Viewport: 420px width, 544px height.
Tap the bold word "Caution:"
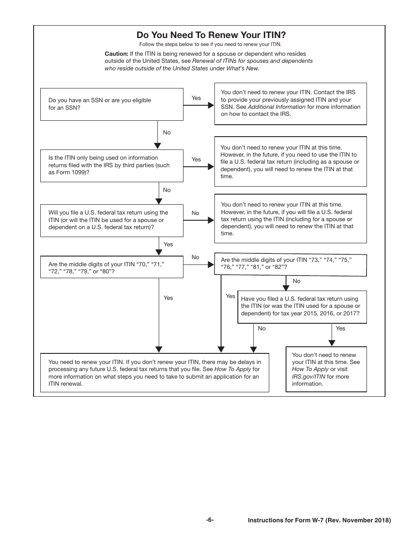(116, 54)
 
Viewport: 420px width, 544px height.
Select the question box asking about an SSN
(111, 104)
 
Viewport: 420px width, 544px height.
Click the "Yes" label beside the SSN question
(196, 98)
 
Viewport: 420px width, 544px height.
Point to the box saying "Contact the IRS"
(290, 103)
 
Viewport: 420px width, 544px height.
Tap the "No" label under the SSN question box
(167, 133)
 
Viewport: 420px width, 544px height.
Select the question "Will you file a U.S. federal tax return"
(111, 220)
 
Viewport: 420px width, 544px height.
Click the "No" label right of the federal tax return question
(195, 213)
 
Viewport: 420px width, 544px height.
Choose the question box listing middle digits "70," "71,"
(111, 268)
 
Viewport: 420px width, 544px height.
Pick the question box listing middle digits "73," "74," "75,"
(290, 264)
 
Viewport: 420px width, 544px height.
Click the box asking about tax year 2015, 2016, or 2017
(302, 306)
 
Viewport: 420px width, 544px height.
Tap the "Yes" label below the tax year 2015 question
(340, 329)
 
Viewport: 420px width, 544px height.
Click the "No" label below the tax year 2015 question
(262, 329)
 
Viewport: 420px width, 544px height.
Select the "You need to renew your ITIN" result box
(155, 372)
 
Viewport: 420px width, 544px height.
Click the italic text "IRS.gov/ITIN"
(308, 377)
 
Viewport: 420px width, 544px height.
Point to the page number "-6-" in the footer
(210, 520)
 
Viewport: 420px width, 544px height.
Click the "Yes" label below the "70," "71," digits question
(168, 298)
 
